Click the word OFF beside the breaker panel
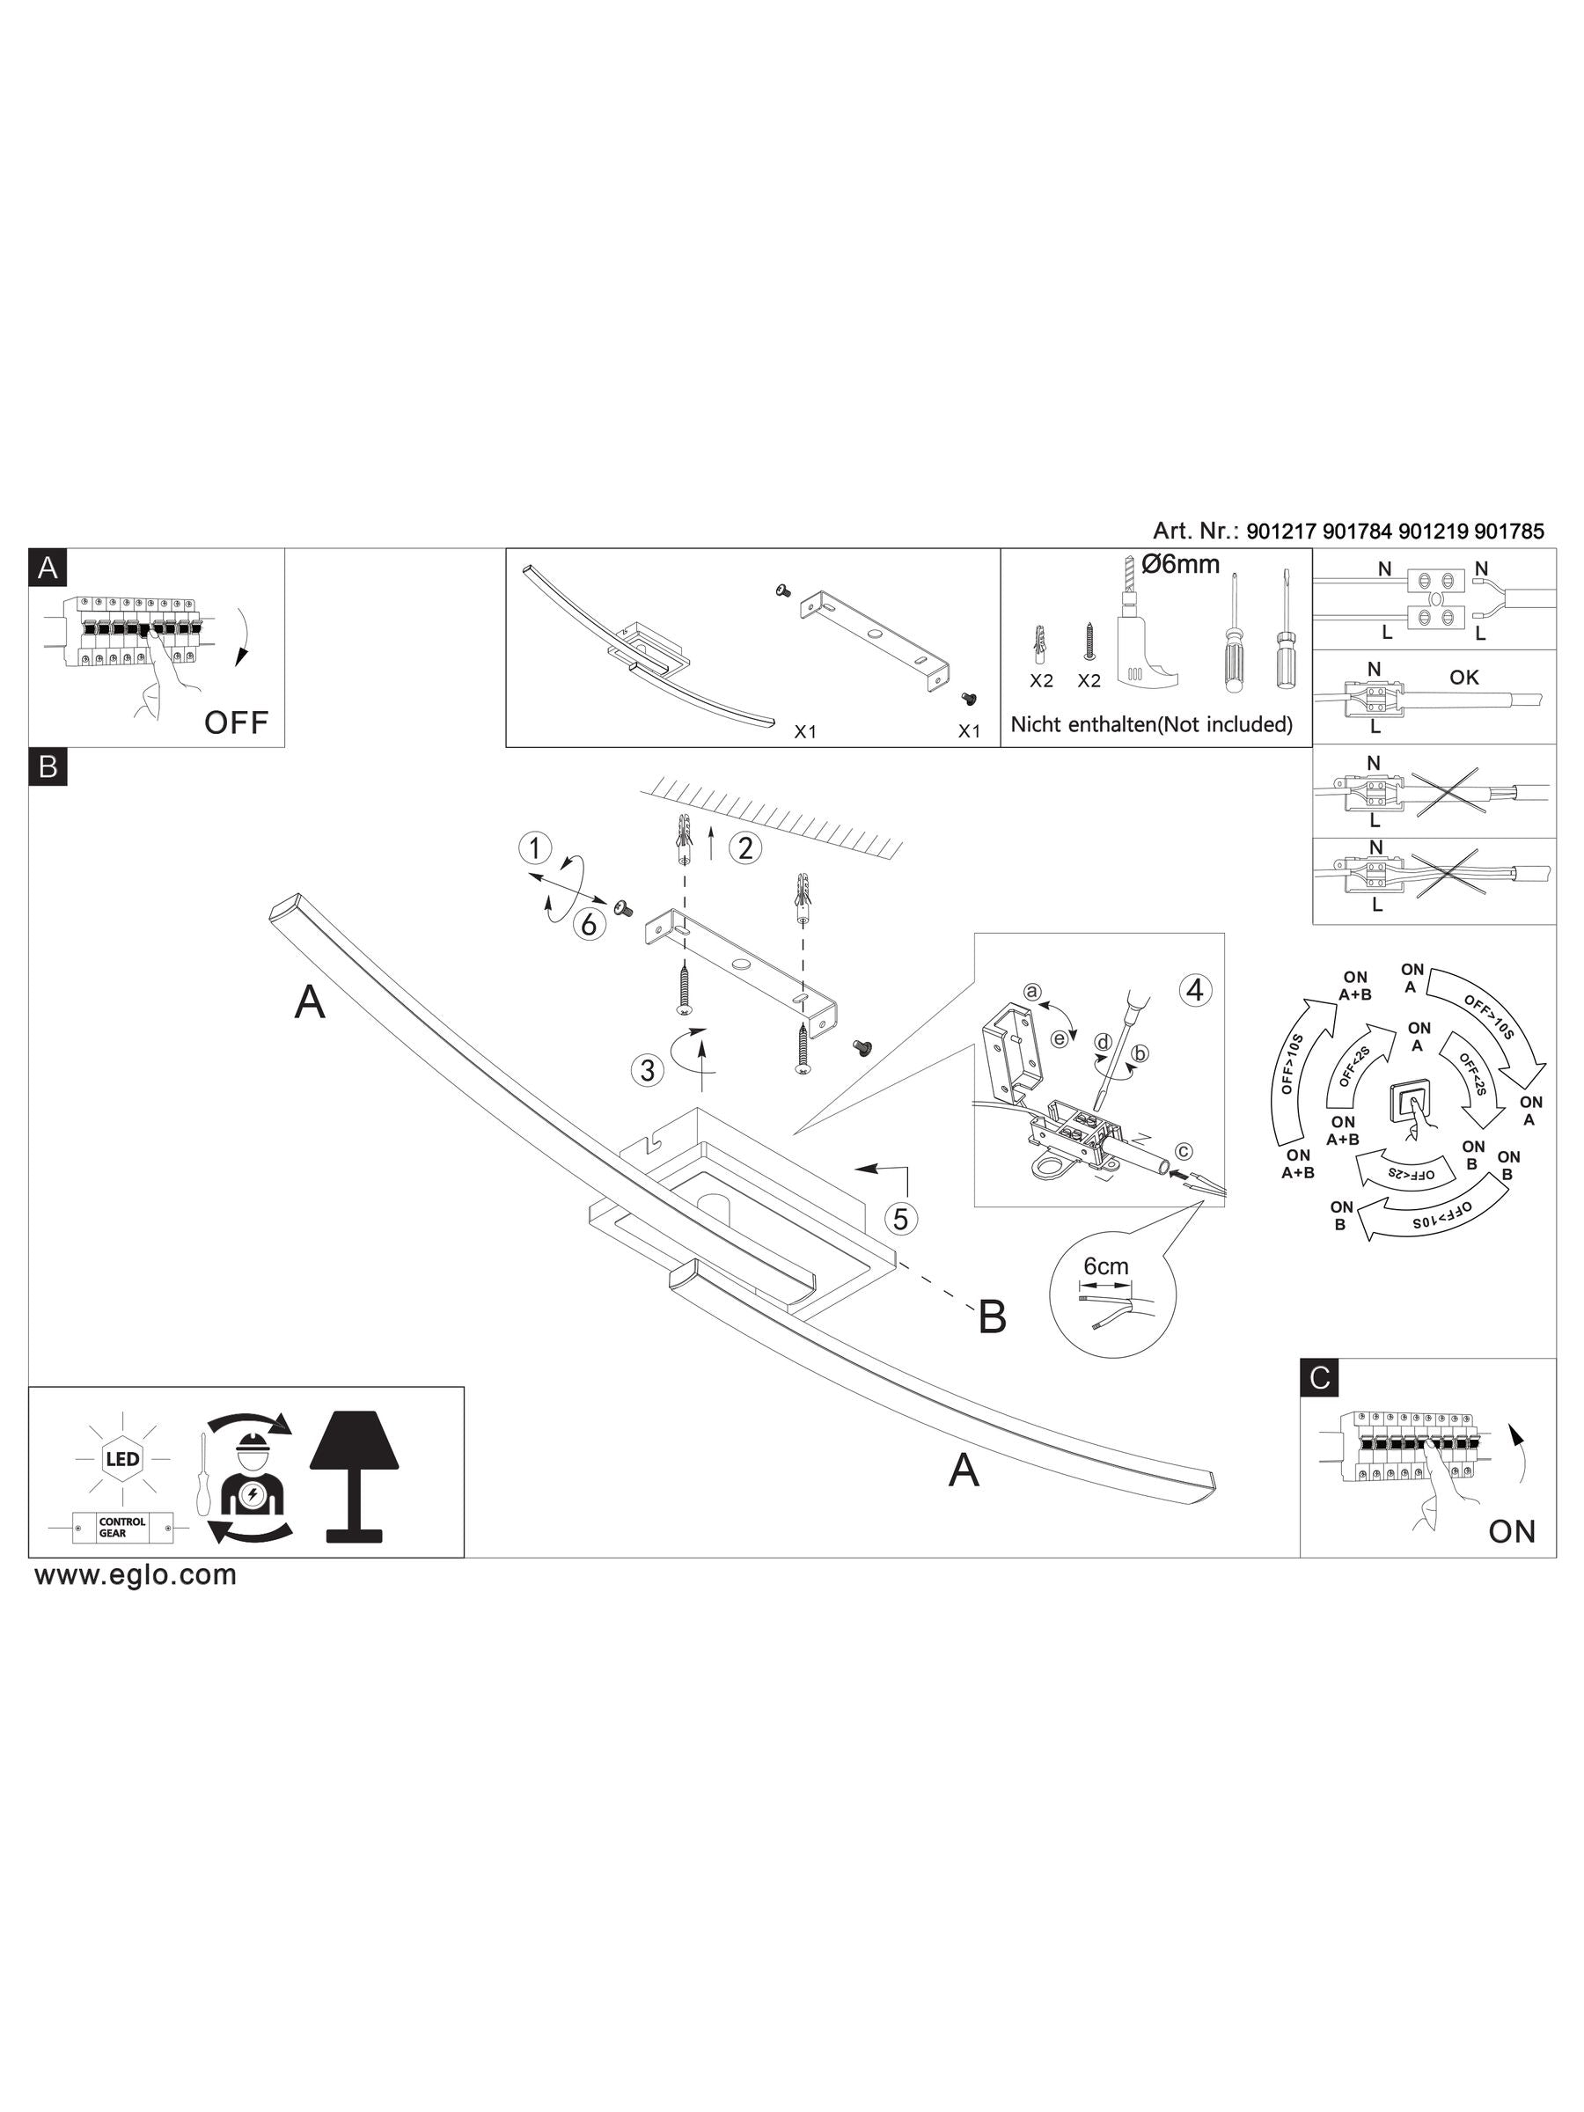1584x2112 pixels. point(236,722)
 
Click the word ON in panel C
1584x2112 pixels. point(1512,1531)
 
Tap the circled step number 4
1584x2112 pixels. point(1193,991)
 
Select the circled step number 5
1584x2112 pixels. point(900,1218)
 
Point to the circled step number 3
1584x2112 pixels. point(648,1070)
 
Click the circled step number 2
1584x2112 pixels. point(745,847)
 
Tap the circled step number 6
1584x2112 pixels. point(589,923)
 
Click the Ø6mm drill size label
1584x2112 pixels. point(1180,564)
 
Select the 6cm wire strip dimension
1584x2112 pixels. point(1105,1266)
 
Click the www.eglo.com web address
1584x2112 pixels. point(136,1574)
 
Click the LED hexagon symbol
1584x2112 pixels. point(122,1459)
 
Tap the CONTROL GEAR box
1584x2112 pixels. point(122,1528)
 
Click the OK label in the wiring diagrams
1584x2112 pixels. point(1463,677)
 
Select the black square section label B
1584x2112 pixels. point(48,766)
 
